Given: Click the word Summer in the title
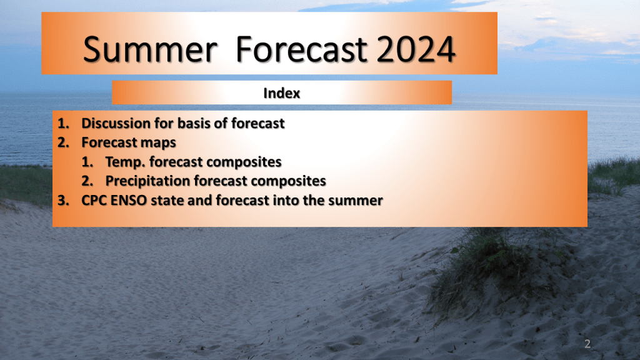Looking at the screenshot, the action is click(x=150, y=49).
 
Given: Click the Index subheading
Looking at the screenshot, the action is click(x=282, y=93).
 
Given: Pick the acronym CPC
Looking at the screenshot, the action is click(x=94, y=201).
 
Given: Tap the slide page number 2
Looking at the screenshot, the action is click(x=587, y=344).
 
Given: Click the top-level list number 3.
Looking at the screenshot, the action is click(x=63, y=201).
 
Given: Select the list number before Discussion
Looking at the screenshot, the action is click(x=63, y=123).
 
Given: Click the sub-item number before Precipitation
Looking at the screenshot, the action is click(x=87, y=181).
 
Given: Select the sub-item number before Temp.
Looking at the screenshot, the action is click(x=87, y=162).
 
